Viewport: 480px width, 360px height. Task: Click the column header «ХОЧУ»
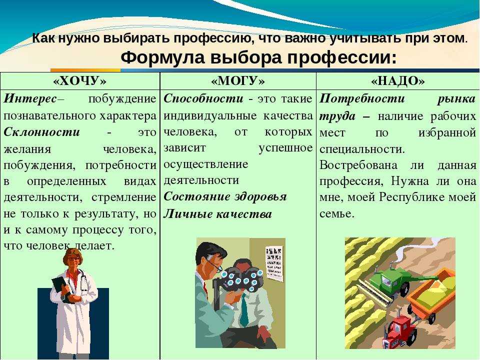pos(80,81)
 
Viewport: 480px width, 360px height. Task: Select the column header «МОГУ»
pos(238,81)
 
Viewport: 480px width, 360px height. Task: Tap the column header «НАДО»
pos(398,81)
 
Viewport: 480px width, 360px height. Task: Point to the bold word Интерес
pos(30,98)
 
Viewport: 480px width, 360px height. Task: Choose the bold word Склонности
pos(41,132)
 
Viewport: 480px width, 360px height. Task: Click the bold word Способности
pos(203,98)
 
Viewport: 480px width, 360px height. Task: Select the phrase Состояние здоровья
pos(225,197)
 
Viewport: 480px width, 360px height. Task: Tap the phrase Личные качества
pos(217,214)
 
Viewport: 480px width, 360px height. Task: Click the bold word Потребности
pos(362,99)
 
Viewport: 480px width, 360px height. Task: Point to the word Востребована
pos(358,165)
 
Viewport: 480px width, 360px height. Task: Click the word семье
pos(336,213)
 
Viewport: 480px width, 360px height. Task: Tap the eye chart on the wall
pos(274,263)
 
